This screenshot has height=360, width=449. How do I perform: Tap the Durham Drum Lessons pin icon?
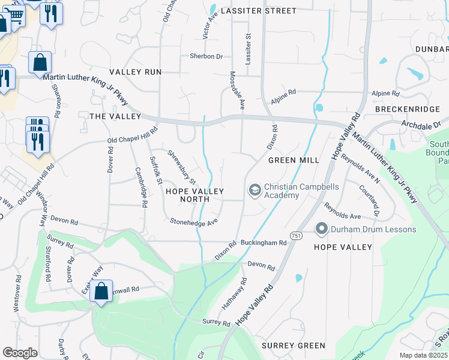pos(321,229)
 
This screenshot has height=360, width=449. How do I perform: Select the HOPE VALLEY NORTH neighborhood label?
pos(194,196)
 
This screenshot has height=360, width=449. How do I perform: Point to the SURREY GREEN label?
pos(294,346)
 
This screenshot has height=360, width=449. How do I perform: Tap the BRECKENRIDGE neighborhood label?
pos(407,109)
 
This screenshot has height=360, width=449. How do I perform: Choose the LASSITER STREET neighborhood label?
pos(258,11)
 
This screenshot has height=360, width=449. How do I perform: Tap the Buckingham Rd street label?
pos(264,243)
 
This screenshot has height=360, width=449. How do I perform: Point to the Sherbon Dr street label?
pos(206,56)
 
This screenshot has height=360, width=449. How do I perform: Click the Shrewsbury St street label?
pos(181,167)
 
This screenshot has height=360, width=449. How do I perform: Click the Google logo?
pos(20,353)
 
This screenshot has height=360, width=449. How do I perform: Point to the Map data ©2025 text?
pos(423,355)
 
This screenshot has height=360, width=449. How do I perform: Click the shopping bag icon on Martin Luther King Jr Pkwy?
pos(40,62)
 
